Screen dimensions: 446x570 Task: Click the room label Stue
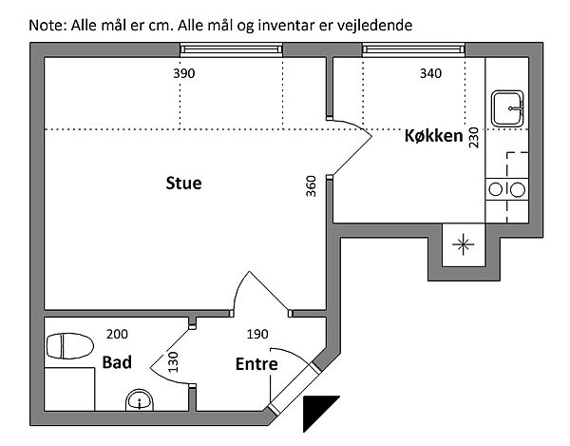[x=183, y=183]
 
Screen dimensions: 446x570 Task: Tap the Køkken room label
[x=434, y=137]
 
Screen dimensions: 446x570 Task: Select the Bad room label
[x=116, y=362]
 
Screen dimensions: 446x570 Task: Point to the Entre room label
[x=256, y=363]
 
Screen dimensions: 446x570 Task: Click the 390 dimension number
[x=184, y=73]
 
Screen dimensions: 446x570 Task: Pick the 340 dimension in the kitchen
[x=430, y=73]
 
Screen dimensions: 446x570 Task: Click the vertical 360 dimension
[x=311, y=186]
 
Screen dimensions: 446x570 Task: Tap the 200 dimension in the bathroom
[x=116, y=334]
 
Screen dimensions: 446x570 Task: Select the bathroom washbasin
[x=140, y=402]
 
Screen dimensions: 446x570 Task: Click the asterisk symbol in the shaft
[x=463, y=244]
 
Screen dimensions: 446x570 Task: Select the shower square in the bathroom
[x=69, y=392]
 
